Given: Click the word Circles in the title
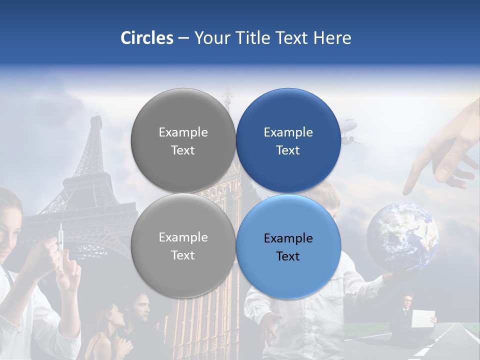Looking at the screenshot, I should click(x=146, y=38).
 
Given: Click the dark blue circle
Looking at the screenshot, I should click(x=288, y=140).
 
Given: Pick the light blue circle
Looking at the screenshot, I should click(x=288, y=247).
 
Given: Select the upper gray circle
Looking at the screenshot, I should click(x=183, y=140).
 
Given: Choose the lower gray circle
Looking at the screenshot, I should click(x=183, y=246).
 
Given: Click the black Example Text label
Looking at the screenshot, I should click(x=288, y=247).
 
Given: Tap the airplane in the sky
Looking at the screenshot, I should click(x=350, y=130).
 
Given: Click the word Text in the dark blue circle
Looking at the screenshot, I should click(x=288, y=150).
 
